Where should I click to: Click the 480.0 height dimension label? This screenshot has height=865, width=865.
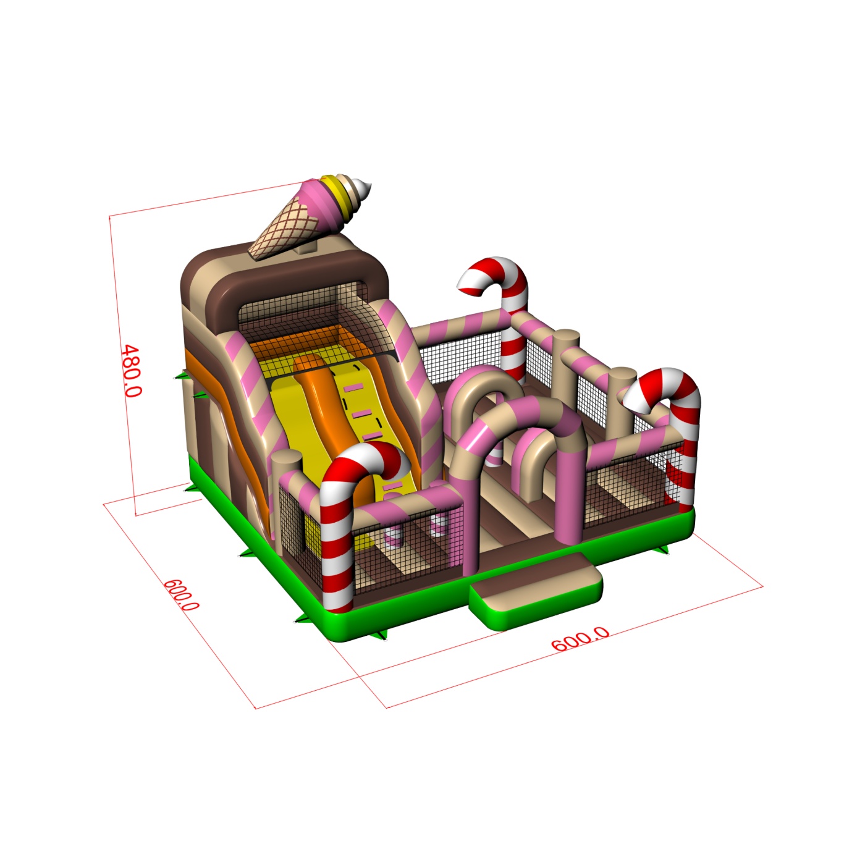point(132,371)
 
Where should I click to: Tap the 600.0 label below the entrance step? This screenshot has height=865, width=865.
point(580,639)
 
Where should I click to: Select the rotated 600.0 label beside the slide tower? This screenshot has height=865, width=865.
point(180,595)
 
